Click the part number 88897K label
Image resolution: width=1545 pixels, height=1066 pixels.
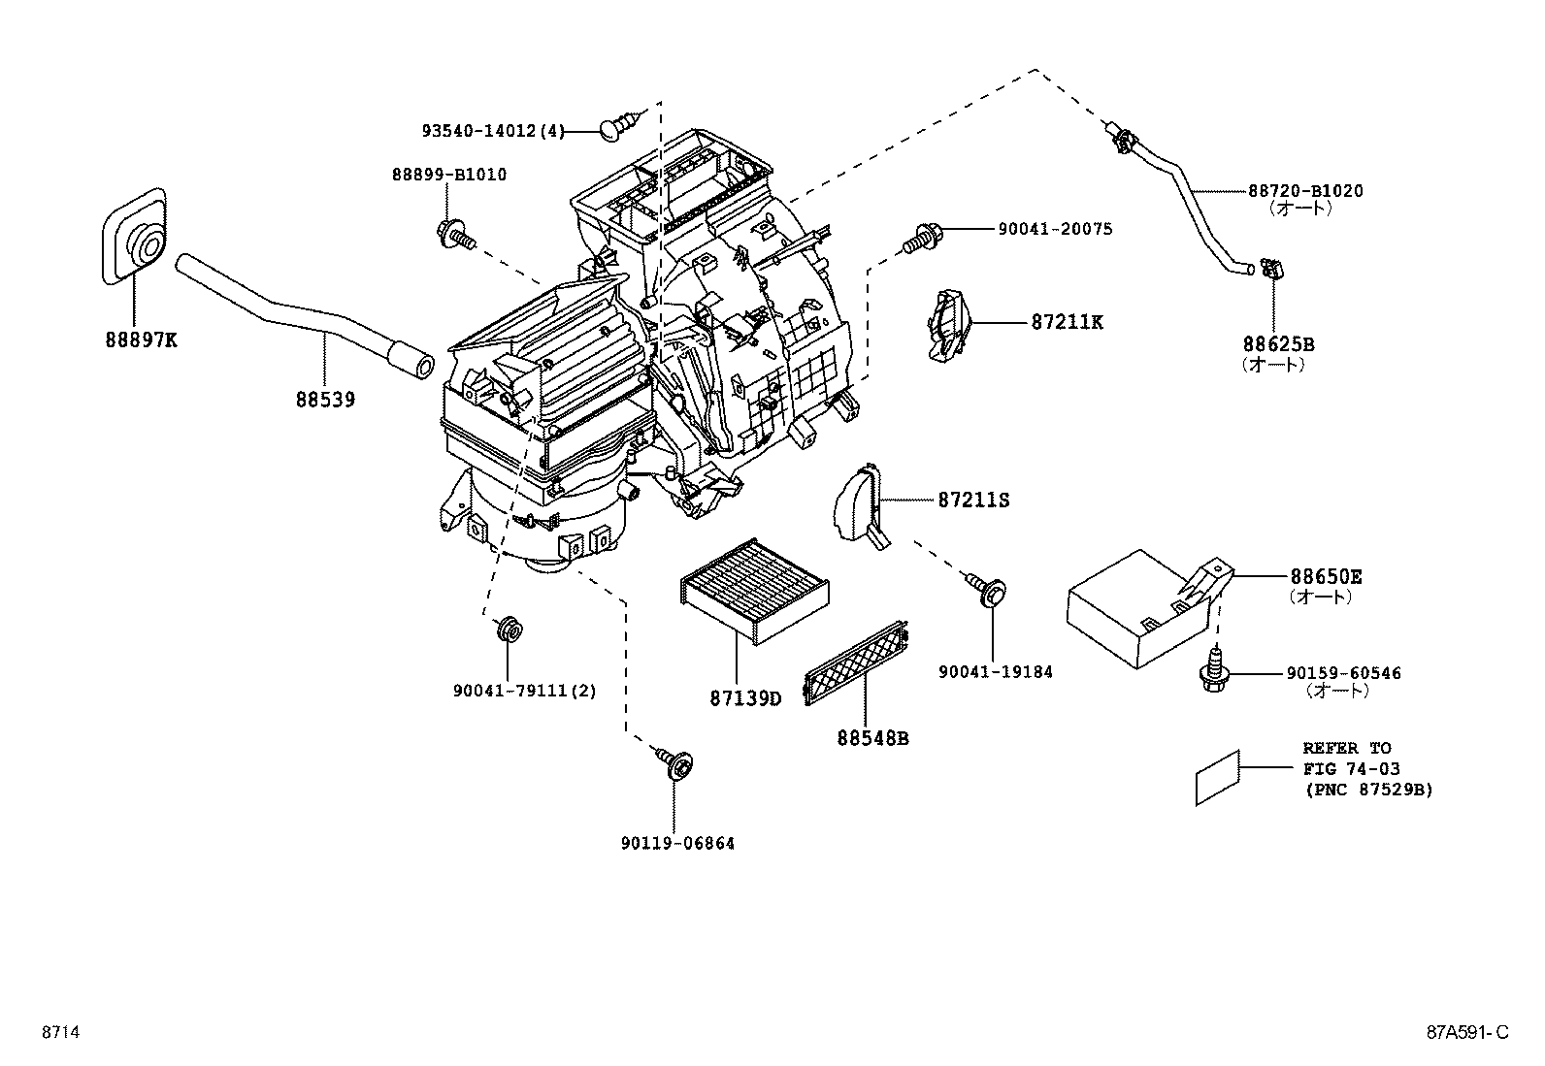click(141, 339)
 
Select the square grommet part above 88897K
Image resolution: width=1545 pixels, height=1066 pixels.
click(134, 238)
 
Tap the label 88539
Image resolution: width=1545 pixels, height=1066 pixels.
click(325, 399)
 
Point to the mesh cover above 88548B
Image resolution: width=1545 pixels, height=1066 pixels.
click(857, 663)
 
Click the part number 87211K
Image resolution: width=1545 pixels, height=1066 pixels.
click(1067, 322)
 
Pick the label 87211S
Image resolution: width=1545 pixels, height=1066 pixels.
click(973, 500)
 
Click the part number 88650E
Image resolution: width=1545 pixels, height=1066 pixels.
click(1326, 577)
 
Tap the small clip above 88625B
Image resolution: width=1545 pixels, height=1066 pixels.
click(1270, 268)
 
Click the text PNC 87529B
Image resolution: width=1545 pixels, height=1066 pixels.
click(1367, 790)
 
